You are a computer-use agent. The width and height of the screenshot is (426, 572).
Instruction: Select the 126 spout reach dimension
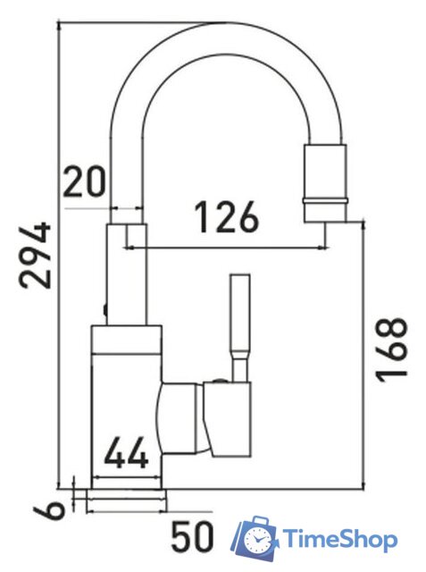pyautogui.click(x=226, y=217)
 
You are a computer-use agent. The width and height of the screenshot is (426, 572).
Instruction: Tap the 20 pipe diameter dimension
pyautogui.click(x=86, y=184)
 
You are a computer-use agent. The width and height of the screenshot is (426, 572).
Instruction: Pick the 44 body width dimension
pyautogui.click(x=127, y=456)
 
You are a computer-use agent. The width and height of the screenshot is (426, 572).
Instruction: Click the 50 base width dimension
pyautogui.click(x=193, y=538)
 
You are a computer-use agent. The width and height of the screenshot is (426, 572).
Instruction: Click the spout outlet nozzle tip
pyautogui.click(x=325, y=212)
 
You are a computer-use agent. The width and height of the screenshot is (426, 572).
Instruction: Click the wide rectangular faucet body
pyautogui.click(x=126, y=402)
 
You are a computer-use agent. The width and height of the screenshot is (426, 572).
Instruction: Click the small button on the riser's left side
pyautogui.click(x=105, y=312)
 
